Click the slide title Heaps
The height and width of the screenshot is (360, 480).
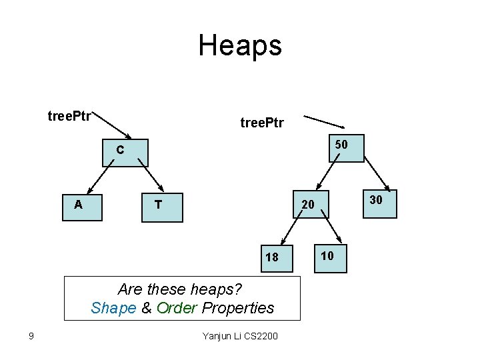tap(240, 45)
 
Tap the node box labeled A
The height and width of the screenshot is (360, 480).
tap(81, 207)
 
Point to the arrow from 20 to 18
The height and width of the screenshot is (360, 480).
tap(289, 232)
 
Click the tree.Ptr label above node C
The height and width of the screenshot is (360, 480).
tap(69, 117)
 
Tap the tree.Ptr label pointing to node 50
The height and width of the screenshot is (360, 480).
tap(262, 123)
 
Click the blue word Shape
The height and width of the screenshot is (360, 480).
tap(113, 308)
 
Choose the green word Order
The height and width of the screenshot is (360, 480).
tap(177, 308)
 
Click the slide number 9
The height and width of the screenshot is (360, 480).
tap(31, 335)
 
